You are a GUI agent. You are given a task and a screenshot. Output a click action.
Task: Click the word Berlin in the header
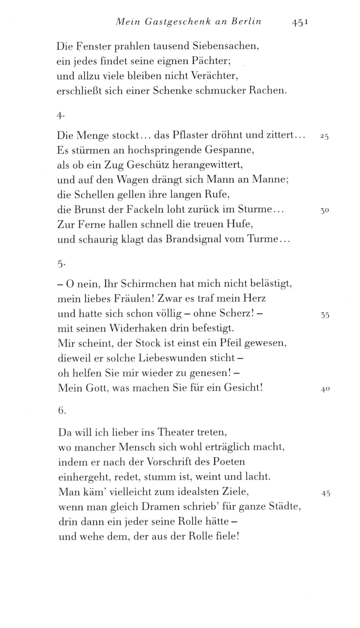click(246, 22)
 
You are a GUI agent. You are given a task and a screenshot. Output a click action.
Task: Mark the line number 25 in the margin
click(324, 137)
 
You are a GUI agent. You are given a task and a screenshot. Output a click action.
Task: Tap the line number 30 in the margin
click(325, 211)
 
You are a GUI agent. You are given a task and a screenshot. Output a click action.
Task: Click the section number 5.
click(60, 264)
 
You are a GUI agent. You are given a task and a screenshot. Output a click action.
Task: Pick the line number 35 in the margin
click(325, 315)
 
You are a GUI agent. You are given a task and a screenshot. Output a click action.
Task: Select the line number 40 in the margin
click(325, 390)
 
